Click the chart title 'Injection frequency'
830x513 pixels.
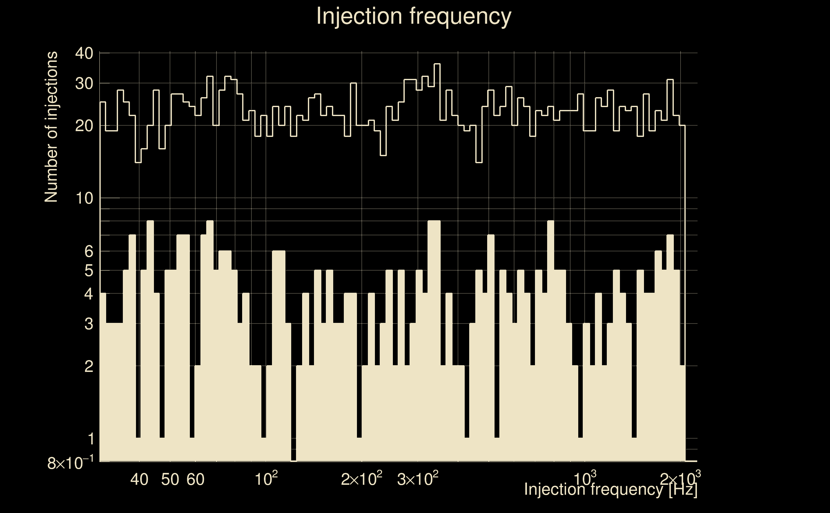(x=413, y=16)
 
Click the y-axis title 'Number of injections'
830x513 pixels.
(x=51, y=127)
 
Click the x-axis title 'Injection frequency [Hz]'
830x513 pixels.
(x=610, y=489)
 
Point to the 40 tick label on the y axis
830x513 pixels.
(x=84, y=53)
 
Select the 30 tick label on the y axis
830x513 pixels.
(x=84, y=83)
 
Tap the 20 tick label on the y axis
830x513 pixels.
(x=84, y=126)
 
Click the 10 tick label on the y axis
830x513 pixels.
(x=84, y=198)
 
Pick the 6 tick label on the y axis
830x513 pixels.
(x=89, y=252)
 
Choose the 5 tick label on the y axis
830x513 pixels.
(x=89, y=271)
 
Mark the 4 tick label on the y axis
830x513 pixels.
(x=89, y=294)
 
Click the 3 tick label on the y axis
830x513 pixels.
(x=89, y=324)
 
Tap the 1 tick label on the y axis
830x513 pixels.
(x=90, y=439)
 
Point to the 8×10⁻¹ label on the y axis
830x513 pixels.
(x=70, y=463)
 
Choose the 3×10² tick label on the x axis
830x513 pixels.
(x=417, y=479)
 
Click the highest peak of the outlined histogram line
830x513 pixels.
(x=437, y=64)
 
